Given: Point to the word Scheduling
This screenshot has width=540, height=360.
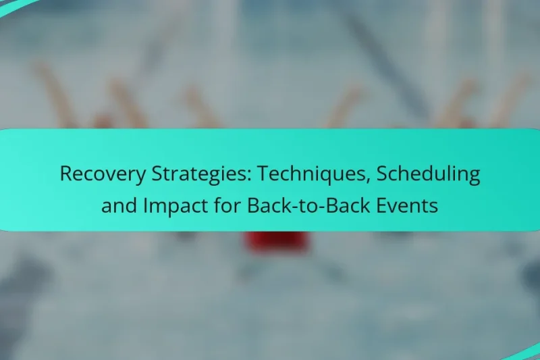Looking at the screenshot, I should (x=428, y=174).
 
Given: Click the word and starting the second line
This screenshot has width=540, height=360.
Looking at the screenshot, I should (x=118, y=205).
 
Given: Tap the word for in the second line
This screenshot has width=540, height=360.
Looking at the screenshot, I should (x=227, y=205).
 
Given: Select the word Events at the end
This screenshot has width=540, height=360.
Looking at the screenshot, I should (x=412, y=205).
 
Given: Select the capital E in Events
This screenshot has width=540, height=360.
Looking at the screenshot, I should (x=391, y=205).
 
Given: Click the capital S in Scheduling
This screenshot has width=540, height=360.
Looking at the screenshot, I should (x=381, y=174).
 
